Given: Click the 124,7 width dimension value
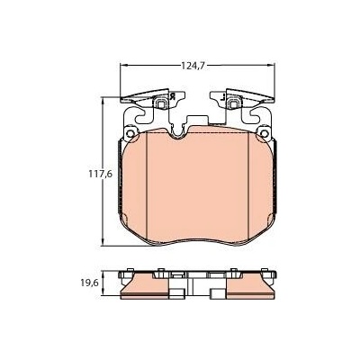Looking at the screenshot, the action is pos(193,66).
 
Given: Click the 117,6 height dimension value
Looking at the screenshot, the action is pos(100,174).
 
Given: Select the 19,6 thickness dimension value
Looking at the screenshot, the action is pos(89,283).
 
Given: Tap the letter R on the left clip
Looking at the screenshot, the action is pos(172,96).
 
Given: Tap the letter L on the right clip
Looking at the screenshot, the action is pos(222,97).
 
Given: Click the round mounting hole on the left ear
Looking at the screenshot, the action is pos(130,133).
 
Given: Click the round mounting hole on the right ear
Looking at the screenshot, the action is pos(265,133).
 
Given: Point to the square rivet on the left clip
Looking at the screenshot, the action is pos(162,104).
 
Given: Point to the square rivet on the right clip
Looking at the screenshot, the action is pos(233,104).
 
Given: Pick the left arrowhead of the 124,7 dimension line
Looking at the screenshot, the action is pos(124,65).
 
